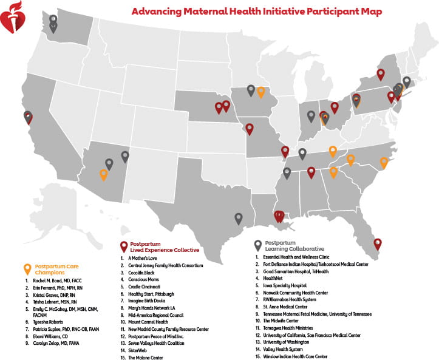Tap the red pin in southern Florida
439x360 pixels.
pyautogui.click(x=378, y=243)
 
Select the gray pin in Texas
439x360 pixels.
pyautogui.click(x=239, y=218)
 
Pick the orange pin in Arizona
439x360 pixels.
pyautogui.click(x=104, y=174)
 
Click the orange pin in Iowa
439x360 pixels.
pyautogui.click(x=261, y=92)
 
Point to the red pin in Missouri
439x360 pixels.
pyautogui.click(x=249, y=129)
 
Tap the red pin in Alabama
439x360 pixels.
pyautogui.click(x=311, y=172)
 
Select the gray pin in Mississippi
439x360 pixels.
pyautogui.click(x=288, y=174)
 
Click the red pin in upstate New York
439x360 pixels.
pyautogui.click(x=380, y=74)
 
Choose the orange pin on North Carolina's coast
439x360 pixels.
pyautogui.click(x=384, y=162)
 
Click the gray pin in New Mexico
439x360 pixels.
pyautogui.click(x=125, y=155)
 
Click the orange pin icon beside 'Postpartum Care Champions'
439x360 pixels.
pyautogui.click(x=27, y=268)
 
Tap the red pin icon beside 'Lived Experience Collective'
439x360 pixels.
pyautogui.click(x=124, y=245)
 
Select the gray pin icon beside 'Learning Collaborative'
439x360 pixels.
pyautogui.click(x=258, y=245)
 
